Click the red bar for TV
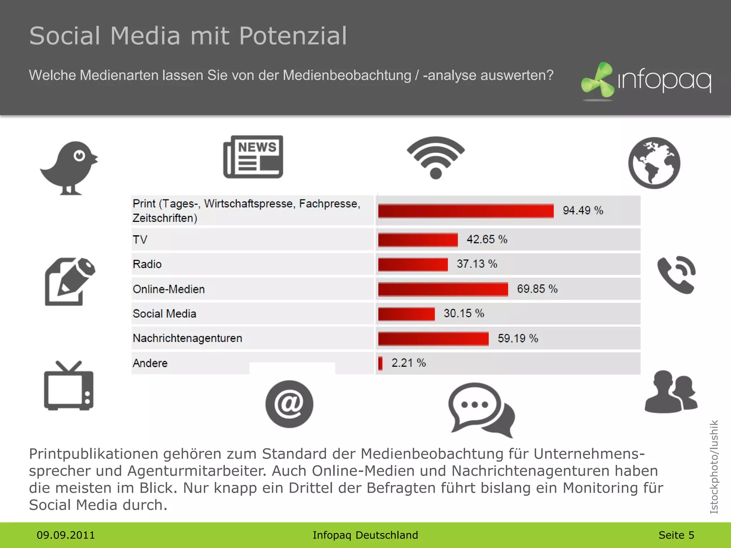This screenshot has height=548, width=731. pos(418,240)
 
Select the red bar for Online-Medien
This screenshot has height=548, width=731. pos(443,289)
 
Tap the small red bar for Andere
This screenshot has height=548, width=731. pos(380,363)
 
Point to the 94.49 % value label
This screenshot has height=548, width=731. pos(583,210)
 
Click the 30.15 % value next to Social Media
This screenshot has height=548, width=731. pos(464,314)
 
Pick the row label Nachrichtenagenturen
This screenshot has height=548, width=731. pos(187,338)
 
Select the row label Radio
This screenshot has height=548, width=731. pos(147,264)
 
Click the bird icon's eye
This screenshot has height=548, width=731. pos(79,156)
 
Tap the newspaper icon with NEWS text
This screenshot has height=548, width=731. pos(253,157)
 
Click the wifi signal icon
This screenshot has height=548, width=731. pos(435,157)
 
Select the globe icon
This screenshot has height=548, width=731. pos(654,163)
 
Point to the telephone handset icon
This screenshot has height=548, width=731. pos(676,275)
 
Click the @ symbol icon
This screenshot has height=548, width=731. pos(289,404)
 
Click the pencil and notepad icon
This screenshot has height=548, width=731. pos(70,281)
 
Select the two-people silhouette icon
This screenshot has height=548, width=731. pos(671,392)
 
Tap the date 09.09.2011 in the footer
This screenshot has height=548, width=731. pos(66,535)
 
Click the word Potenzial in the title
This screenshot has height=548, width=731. pos(293,36)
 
